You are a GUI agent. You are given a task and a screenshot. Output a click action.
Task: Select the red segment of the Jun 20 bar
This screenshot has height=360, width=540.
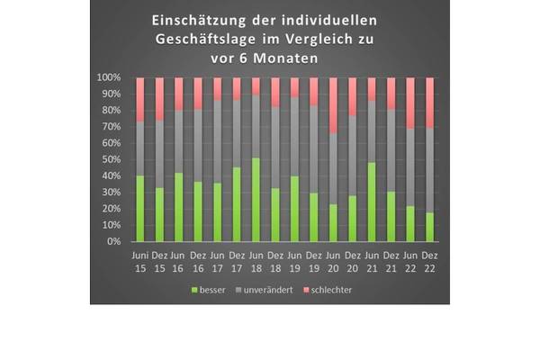click(x=333, y=104)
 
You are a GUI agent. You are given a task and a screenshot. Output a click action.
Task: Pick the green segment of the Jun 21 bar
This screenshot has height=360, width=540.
click(x=372, y=202)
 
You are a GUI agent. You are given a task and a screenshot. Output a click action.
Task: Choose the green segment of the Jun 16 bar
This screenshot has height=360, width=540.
click(x=179, y=207)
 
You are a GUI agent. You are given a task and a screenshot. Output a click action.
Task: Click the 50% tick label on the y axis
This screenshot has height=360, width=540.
click(x=112, y=159)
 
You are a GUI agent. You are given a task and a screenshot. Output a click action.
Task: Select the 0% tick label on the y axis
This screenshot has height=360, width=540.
click(x=114, y=241)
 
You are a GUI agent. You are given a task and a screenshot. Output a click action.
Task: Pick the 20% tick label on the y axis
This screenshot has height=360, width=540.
click(x=112, y=209)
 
